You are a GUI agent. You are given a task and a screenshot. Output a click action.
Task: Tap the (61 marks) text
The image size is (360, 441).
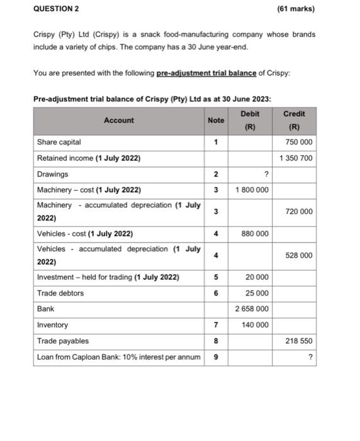pos(295,9)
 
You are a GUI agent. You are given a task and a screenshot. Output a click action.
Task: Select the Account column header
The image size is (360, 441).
pos(119,120)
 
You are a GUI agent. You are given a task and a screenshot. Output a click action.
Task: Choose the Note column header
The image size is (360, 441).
pos(216,120)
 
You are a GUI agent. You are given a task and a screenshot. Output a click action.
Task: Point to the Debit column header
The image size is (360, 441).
pos(250,114)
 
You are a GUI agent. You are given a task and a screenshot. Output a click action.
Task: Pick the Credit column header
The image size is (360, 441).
pos(294,114)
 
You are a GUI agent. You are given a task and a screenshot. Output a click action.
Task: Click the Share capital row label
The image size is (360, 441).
pos(59,142)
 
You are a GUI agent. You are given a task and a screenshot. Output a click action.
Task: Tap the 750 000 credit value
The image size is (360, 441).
pos(298,142)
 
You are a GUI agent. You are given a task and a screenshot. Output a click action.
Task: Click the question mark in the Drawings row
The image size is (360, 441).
pos(267,175)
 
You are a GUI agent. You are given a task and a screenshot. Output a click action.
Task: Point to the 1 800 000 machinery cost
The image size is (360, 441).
pos(252,190)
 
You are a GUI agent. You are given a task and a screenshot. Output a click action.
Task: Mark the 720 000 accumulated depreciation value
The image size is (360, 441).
pos(298,212)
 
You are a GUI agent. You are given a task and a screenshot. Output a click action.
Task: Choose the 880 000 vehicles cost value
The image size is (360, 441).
pos(254,234)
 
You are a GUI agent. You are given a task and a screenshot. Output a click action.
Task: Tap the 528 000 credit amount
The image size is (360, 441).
pos(298,256)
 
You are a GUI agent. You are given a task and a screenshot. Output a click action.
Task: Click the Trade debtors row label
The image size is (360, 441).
pos(60,293)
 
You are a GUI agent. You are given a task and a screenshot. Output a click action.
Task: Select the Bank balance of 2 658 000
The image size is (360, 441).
pos(252,309)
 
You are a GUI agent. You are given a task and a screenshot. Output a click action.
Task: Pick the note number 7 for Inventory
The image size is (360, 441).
pos(216,325)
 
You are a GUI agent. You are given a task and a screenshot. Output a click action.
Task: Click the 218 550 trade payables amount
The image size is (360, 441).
pos(298,341)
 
